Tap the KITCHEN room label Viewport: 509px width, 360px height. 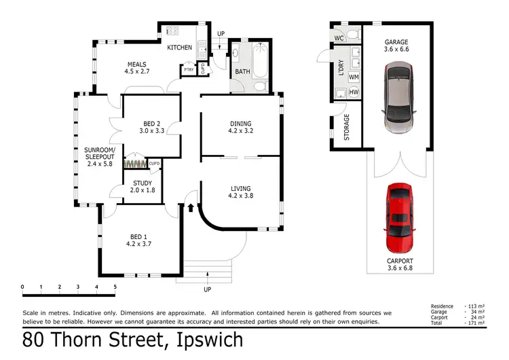(x=180, y=48)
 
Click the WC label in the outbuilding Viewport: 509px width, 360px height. (x=339, y=38)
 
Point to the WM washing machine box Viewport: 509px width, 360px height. (x=354, y=77)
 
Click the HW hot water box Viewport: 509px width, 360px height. (x=354, y=92)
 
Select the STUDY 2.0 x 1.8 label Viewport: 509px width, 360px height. (x=142, y=187)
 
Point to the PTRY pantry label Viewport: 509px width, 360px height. (x=188, y=70)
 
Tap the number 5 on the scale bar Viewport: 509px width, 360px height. (x=115, y=287)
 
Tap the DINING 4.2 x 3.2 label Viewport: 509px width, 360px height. (x=240, y=128)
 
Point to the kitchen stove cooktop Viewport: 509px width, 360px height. (x=172, y=31)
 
